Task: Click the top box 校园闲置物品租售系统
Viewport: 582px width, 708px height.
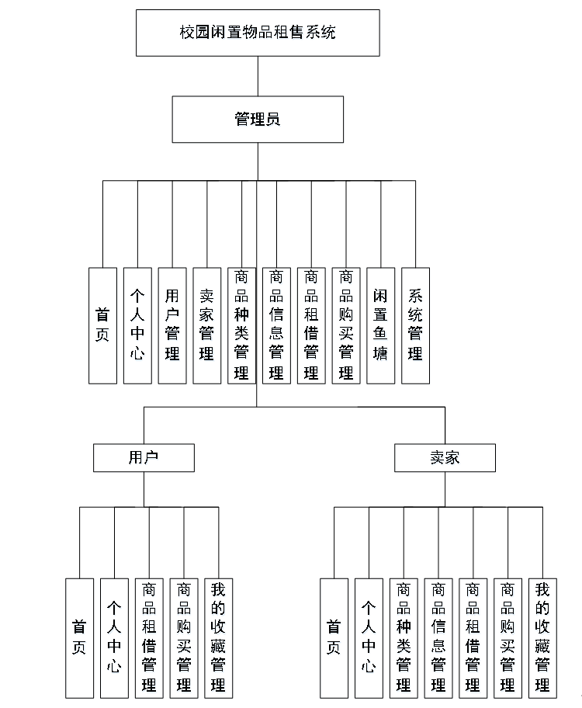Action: click(258, 33)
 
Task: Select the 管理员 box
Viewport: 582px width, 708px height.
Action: click(258, 120)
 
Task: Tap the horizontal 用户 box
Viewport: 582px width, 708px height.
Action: click(144, 457)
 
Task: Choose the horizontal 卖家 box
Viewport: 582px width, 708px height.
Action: click(445, 457)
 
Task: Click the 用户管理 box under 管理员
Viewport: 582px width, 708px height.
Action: click(172, 325)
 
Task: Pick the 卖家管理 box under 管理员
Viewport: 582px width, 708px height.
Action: click(207, 325)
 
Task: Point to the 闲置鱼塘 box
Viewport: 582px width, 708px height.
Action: click(380, 325)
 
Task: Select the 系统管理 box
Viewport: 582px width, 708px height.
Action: click(415, 325)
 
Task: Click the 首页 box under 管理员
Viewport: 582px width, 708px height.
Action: click(102, 325)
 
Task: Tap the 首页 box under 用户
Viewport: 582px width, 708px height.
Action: click(79, 637)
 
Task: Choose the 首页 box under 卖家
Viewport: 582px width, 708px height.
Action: click(334, 637)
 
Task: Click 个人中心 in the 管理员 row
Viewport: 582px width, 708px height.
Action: click(137, 325)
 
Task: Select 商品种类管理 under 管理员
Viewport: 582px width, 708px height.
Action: click(241, 325)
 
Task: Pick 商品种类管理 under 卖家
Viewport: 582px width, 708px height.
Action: click(404, 637)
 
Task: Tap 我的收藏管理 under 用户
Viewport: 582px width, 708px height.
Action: click(218, 637)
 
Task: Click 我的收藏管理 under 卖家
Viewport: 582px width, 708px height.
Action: click(542, 637)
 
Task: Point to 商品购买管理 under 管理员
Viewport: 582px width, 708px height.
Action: click(345, 325)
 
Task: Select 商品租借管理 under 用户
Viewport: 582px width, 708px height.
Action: click(149, 637)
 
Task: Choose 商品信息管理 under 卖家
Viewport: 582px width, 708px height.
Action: click(438, 637)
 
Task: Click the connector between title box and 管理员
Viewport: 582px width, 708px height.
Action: click(258, 76)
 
